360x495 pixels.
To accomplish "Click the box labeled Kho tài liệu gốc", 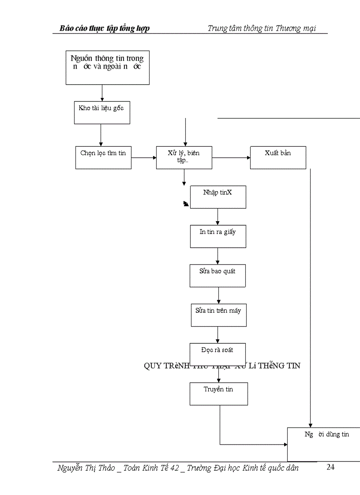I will [101, 112].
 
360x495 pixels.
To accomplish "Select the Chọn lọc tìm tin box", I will [103, 158].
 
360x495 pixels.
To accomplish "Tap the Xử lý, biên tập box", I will [184, 158].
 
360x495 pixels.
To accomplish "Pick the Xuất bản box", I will [278, 158].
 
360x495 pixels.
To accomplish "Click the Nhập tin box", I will [218, 197].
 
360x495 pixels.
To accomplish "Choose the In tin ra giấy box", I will [218, 236].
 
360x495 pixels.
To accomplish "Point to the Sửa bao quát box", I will [218, 276].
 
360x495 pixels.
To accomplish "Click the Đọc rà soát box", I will [217, 354].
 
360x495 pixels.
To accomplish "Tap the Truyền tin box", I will [219, 394].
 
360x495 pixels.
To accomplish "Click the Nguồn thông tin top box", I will [108, 67].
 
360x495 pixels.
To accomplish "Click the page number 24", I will [330, 467].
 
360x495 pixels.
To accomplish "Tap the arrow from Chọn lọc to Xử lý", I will [143, 157].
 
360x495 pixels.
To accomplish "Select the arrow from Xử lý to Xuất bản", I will [231, 157].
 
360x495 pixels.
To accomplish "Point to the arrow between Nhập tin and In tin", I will [217, 217].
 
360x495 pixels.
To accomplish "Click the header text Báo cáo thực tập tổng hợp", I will [105, 29].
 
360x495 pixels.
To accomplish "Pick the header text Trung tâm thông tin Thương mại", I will [262, 29].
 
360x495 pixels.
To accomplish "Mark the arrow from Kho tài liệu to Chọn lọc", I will [101, 135].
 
